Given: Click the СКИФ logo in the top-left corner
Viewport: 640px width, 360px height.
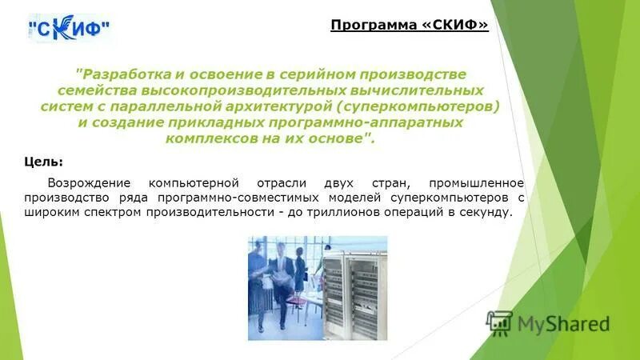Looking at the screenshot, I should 70,29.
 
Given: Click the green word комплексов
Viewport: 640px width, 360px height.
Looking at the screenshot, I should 206,138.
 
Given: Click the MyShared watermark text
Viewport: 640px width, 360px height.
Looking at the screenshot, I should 563,323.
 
